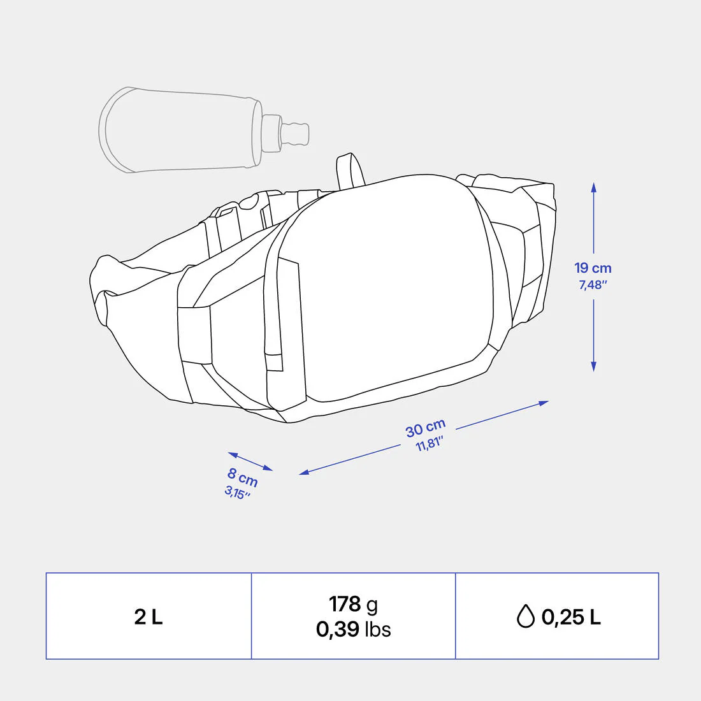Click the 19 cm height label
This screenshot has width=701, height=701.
click(593, 268)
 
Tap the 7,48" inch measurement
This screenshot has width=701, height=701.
click(593, 285)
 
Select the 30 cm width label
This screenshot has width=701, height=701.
click(426, 428)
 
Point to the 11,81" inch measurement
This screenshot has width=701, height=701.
click(429, 444)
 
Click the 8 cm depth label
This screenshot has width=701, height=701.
click(243, 477)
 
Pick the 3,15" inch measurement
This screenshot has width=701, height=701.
click(237, 493)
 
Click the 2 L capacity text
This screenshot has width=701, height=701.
click(148, 617)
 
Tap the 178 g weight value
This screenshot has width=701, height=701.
click(353, 604)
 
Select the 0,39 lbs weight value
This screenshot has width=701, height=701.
click(353, 629)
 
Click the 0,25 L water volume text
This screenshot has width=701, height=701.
click(571, 617)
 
